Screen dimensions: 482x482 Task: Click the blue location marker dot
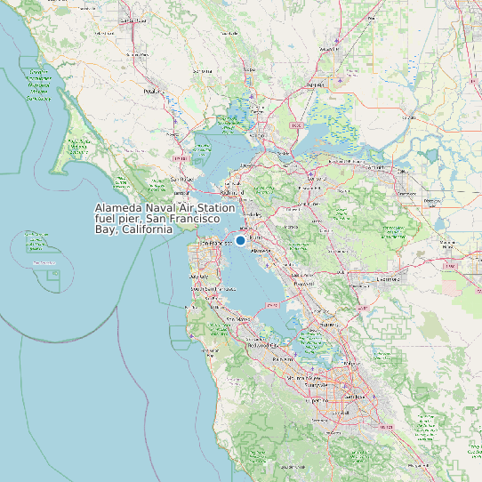(240, 240)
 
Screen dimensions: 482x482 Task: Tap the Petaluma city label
(154, 91)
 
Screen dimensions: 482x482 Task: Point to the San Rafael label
(182, 178)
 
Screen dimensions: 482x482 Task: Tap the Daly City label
(200, 277)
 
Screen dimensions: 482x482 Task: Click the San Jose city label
(355, 397)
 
